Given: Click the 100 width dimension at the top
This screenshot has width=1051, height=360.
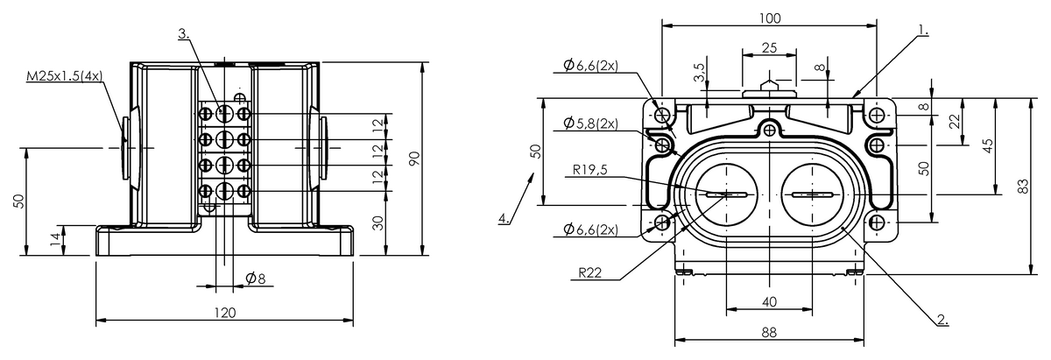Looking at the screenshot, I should click(770, 18).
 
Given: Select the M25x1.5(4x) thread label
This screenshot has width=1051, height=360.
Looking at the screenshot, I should click(65, 77).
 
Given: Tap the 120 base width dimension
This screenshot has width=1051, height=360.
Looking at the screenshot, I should click(225, 312).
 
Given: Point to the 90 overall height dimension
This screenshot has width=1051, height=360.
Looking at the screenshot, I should click(414, 158).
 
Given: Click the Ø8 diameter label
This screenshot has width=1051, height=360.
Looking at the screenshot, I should click(256, 279).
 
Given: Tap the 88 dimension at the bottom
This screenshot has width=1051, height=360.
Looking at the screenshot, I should click(770, 332).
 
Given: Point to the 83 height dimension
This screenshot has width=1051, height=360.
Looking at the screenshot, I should click(1022, 186).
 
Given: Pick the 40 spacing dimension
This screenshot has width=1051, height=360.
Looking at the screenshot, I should click(770, 301).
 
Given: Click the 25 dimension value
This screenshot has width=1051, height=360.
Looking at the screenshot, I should click(768, 48).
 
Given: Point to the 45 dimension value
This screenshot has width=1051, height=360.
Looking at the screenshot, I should click(988, 145).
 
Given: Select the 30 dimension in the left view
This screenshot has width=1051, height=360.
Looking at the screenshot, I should click(377, 222).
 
